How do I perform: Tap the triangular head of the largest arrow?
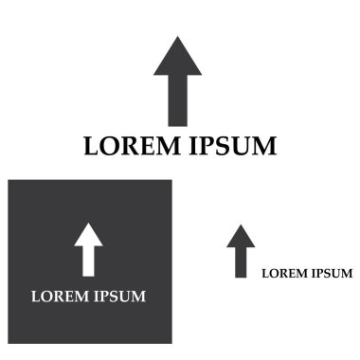pyautogui.click(x=178, y=59)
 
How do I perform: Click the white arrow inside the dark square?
pyautogui.click(x=89, y=248)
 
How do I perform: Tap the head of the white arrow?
pyautogui.click(x=89, y=234)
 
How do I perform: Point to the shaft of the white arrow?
pyautogui.click(x=89, y=260)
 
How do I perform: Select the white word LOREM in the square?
pyautogui.click(x=60, y=297)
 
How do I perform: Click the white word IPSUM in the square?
pyautogui.click(x=118, y=297)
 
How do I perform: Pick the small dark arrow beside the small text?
pyautogui.click(x=241, y=251)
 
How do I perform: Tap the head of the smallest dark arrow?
pyautogui.click(x=241, y=236)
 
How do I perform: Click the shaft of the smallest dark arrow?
pyautogui.click(x=241, y=262)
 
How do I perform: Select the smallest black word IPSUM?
pyautogui.click(x=331, y=274)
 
